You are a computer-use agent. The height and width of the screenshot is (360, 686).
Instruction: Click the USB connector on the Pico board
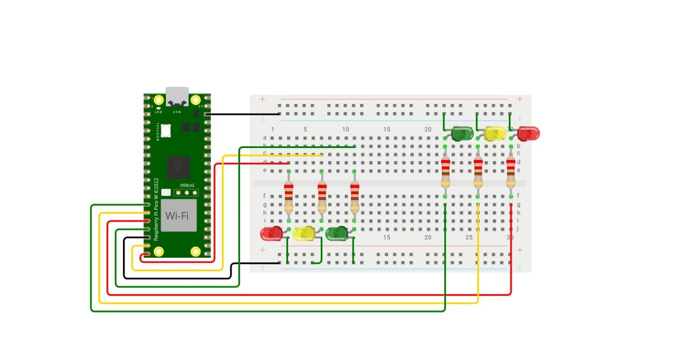point(177,97)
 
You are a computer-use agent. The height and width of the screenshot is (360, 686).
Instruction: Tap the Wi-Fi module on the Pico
point(178,215)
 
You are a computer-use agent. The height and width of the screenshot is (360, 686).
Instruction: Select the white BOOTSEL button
point(166,130)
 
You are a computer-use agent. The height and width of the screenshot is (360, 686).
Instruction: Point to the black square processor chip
point(178,167)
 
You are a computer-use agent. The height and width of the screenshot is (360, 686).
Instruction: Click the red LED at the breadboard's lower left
point(270,233)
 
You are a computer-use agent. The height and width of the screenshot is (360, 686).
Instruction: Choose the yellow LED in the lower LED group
point(304,233)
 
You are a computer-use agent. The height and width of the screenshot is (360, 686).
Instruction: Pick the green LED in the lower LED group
point(337,233)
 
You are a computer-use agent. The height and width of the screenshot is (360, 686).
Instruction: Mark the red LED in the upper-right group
point(529,134)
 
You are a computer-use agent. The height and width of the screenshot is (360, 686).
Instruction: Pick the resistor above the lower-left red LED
point(289,195)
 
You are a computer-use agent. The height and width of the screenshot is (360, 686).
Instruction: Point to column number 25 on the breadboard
point(469,237)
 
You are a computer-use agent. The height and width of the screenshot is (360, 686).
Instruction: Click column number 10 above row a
point(345,130)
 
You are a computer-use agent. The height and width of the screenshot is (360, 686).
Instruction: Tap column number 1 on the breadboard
point(273,130)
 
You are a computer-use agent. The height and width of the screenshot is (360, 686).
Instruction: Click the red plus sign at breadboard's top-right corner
point(520,99)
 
